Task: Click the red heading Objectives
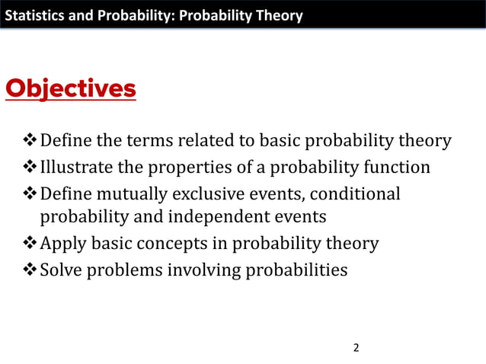(x=71, y=89)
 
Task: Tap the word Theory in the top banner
(x=280, y=15)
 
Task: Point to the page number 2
(x=356, y=348)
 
